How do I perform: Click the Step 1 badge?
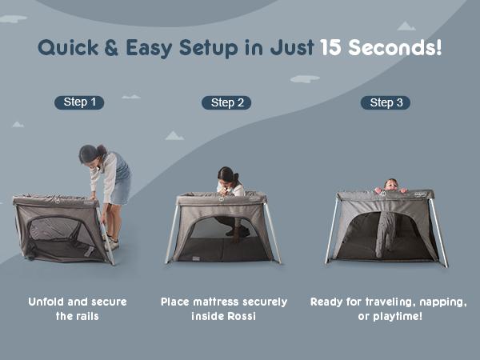point(79,102)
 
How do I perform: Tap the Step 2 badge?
point(226,102)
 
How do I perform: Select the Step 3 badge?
point(382,102)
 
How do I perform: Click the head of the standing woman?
point(89,154)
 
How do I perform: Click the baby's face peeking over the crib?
point(390,186)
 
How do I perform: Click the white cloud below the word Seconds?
point(305,79)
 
